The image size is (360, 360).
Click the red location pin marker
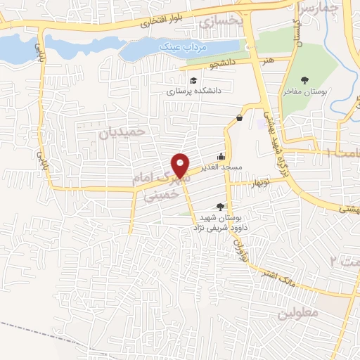181,163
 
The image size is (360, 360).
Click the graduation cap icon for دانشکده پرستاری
193,79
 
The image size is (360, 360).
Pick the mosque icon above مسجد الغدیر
222,157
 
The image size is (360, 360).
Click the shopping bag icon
240,117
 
